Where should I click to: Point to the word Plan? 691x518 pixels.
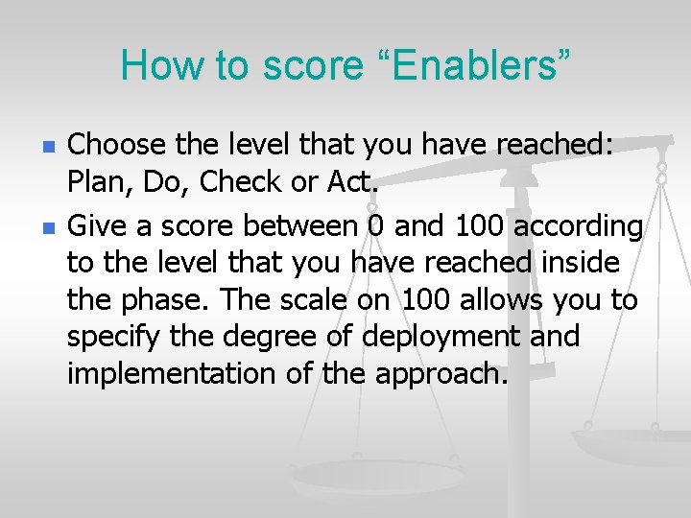coord(98,182)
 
